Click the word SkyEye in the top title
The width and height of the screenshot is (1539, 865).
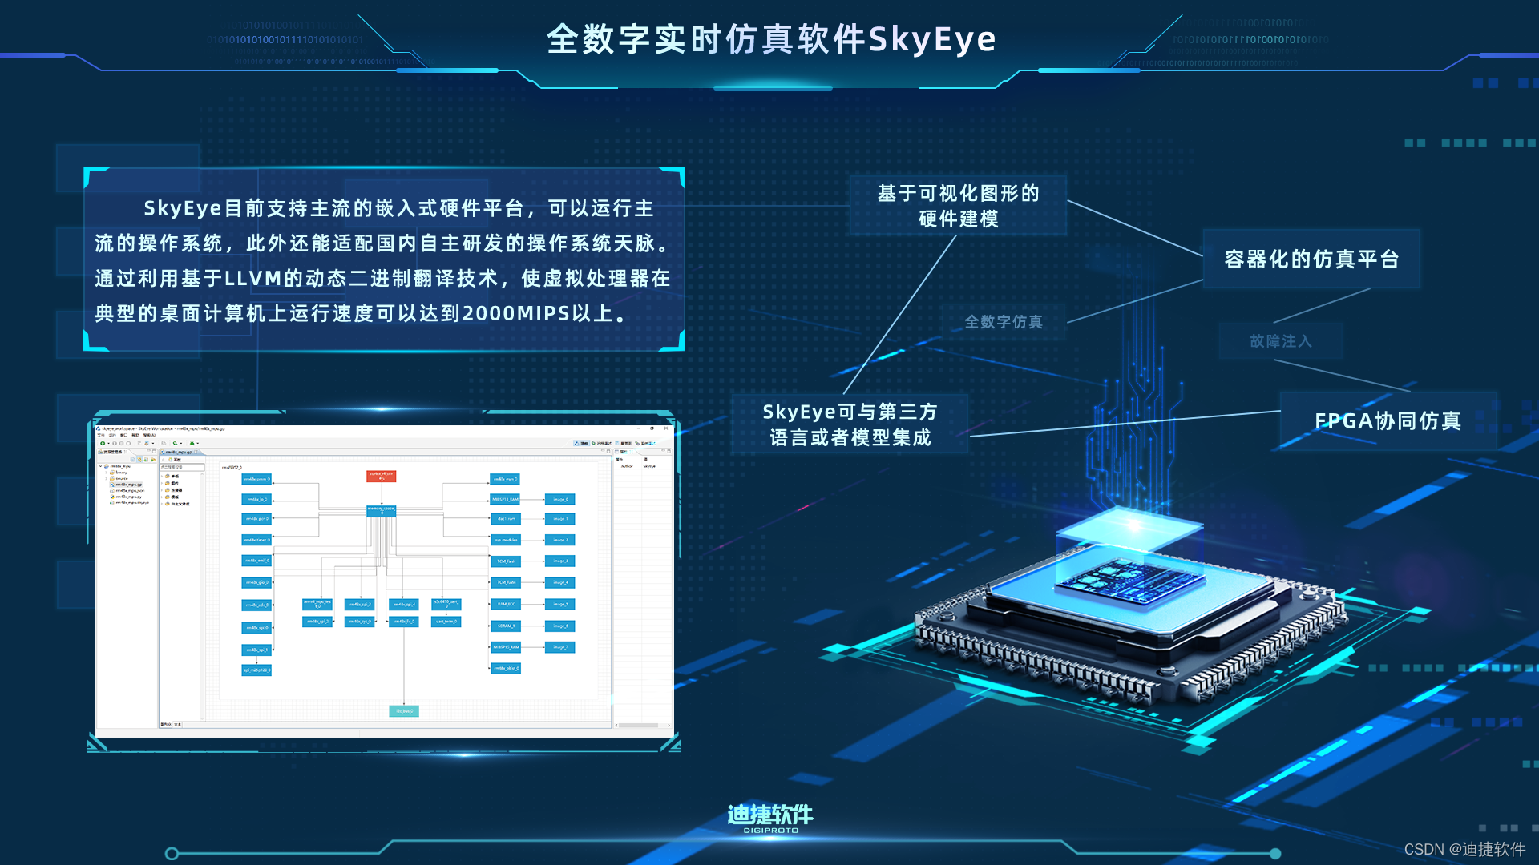pyautogui.click(x=932, y=39)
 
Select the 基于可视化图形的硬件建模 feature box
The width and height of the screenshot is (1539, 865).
pyautogui.click(x=958, y=206)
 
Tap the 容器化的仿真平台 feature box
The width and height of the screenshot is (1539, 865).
pyautogui.click(x=1311, y=259)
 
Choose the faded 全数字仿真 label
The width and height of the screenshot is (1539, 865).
pyautogui.click(x=1004, y=322)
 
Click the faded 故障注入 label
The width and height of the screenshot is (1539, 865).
pyautogui.click(x=1280, y=341)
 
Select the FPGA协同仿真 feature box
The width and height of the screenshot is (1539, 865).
pyautogui.click(x=1388, y=420)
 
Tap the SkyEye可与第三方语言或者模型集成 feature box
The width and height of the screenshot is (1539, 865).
pyautogui.click(x=850, y=424)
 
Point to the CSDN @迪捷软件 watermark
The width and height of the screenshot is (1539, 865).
pyautogui.click(x=1464, y=849)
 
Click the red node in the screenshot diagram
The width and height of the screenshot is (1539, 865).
pyautogui.click(x=381, y=476)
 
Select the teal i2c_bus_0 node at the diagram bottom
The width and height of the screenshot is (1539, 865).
pyautogui.click(x=404, y=710)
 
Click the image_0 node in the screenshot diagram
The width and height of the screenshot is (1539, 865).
pyautogui.click(x=559, y=499)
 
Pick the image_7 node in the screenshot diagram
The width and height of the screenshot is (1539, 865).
pyautogui.click(x=559, y=647)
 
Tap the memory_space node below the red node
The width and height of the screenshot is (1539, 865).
pyautogui.click(x=381, y=510)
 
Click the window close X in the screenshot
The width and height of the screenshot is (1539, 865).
pyautogui.click(x=666, y=428)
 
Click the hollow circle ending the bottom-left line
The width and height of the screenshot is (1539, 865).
pyautogui.click(x=172, y=854)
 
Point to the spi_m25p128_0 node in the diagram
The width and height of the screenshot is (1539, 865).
pyautogui.click(x=256, y=670)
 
